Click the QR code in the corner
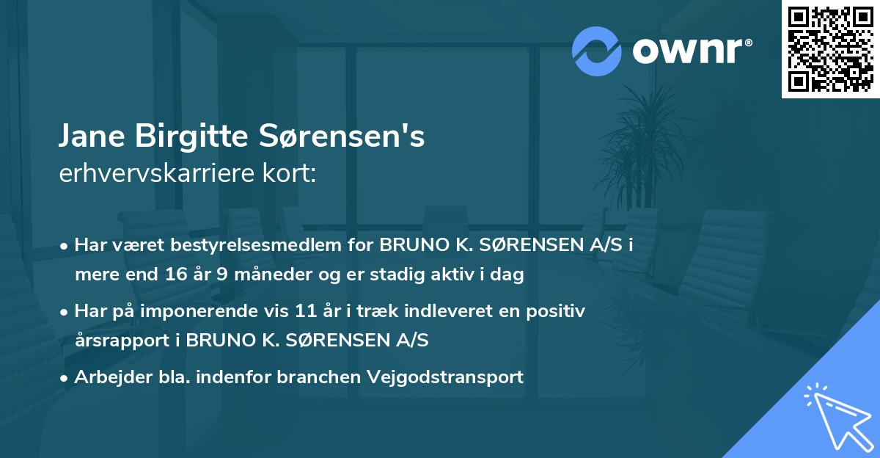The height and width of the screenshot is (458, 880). point(831,48)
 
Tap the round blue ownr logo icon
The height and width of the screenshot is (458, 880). point(596,51)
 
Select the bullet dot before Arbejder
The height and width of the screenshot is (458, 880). point(65,378)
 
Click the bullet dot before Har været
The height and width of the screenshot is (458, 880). point(65,246)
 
